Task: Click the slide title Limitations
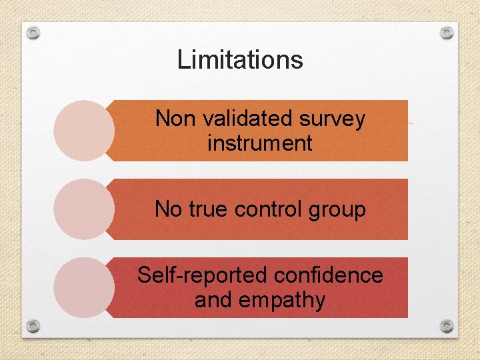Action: click(x=240, y=60)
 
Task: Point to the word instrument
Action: click(x=260, y=143)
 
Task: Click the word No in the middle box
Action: click(x=169, y=209)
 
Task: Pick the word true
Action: click(x=209, y=209)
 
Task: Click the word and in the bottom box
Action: click(x=213, y=300)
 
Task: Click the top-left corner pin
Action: click(x=34, y=33)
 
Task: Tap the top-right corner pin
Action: click(x=447, y=33)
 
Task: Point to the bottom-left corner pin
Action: click(x=34, y=326)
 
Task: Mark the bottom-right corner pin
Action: click(x=447, y=326)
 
